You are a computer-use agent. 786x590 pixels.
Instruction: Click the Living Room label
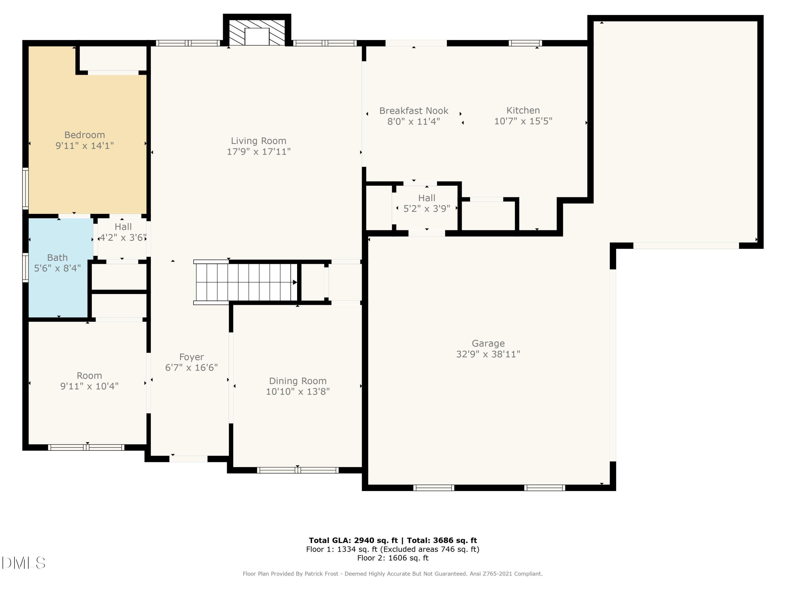(258, 141)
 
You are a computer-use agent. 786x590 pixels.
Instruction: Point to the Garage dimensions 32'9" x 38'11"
(488, 354)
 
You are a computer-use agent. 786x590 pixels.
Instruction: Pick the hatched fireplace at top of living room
(257, 32)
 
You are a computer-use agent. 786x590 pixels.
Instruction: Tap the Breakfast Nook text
(414, 111)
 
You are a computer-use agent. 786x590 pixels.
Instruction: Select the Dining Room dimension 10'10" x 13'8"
(298, 391)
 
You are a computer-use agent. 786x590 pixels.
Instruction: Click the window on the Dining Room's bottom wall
(298, 470)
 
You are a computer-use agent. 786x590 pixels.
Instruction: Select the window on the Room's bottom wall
(86, 447)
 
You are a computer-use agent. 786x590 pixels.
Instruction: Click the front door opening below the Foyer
(188, 459)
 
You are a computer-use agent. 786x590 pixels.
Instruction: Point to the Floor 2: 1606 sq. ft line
(393, 558)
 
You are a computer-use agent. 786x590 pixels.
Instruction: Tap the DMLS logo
(24, 563)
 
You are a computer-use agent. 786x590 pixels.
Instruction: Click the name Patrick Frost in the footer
(321, 574)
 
